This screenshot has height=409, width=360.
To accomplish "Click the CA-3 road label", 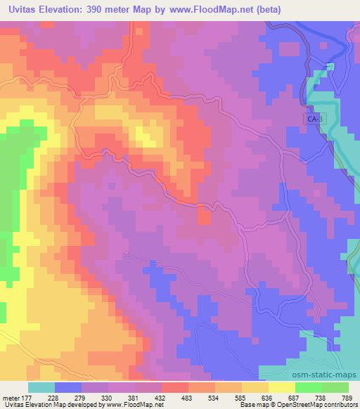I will point(314,119).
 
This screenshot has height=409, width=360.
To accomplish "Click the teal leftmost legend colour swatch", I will point(41,387).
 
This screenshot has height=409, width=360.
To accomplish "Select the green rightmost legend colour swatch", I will point(335,387).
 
